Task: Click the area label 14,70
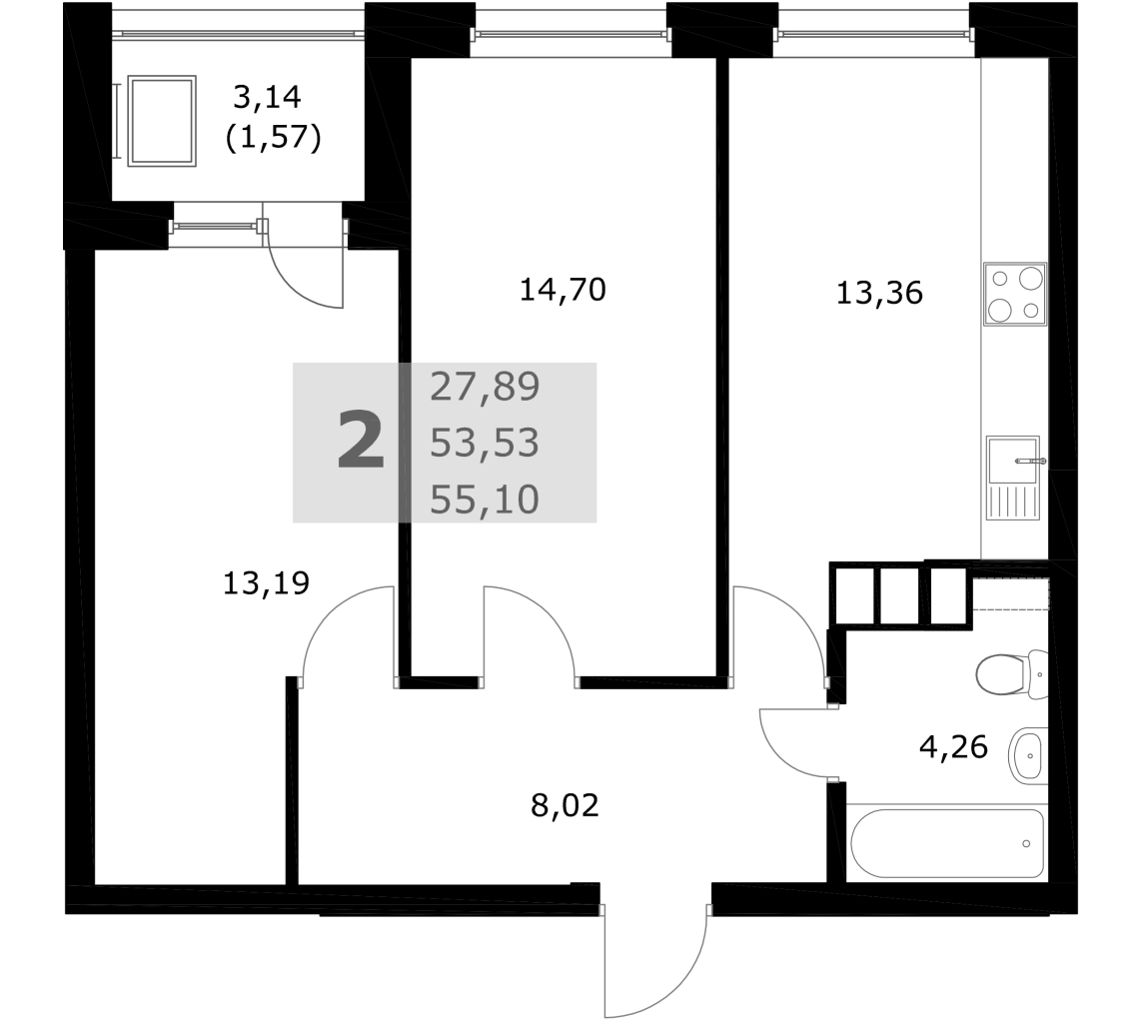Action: tap(563, 291)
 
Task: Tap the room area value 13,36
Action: tap(879, 293)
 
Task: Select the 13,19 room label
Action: tap(267, 582)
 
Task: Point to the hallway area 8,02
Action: tap(565, 806)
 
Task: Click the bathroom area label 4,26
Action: tap(953, 747)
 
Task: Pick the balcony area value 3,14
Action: tap(267, 96)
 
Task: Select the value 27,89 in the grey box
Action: tap(485, 387)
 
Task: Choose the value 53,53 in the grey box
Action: tap(485, 443)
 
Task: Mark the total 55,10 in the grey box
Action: tap(485, 500)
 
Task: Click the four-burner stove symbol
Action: tap(1015, 294)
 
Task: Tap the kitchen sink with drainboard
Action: tap(1013, 478)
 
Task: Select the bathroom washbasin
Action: tap(1028, 755)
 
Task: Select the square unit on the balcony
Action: tap(161, 120)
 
